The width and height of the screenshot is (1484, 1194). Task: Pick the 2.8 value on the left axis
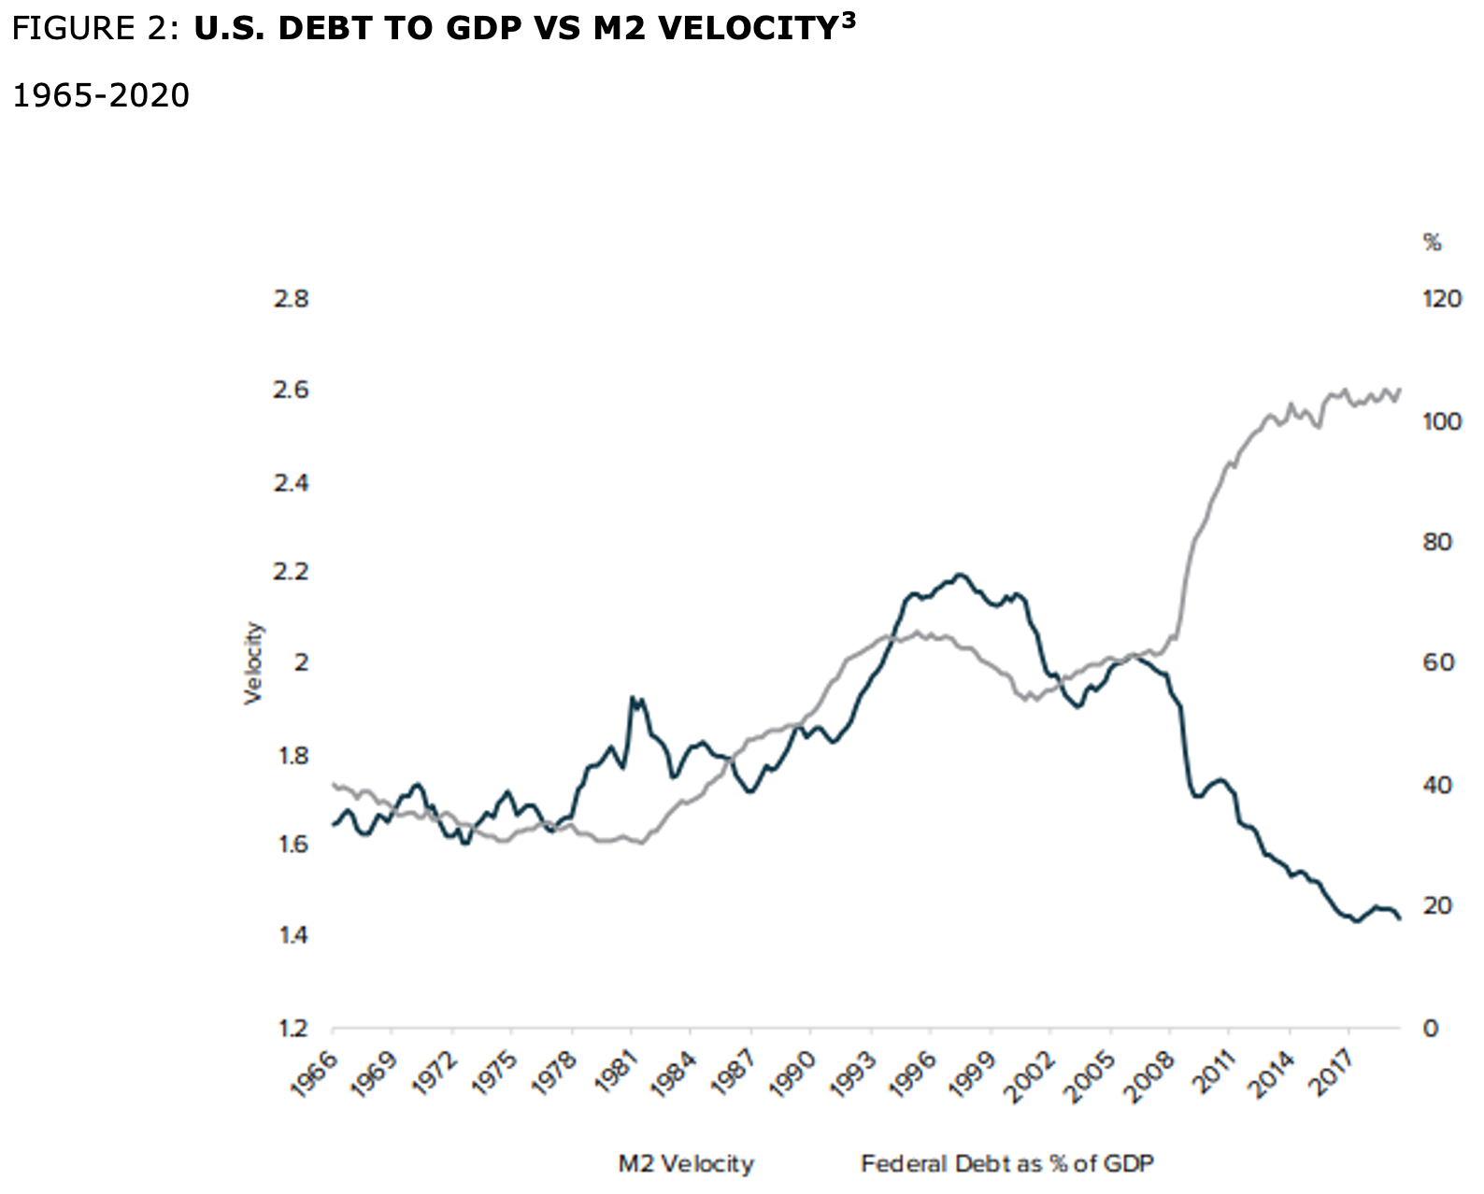pyautogui.click(x=290, y=300)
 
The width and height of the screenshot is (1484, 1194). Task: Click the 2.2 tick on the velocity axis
pyautogui.click(x=290, y=572)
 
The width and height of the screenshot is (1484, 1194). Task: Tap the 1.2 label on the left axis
pyautogui.click(x=290, y=1029)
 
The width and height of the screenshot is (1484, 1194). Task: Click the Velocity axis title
pyautogui.click(x=253, y=663)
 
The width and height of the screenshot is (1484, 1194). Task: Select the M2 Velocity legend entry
pyautogui.click(x=686, y=1164)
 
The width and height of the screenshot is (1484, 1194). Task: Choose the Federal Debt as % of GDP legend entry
pyautogui.click(x=1007, y=1164)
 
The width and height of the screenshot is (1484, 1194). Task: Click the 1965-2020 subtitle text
pyautogui.click(x=100, y=95)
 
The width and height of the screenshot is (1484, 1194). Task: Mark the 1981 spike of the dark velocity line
pyautogui.click(x=634, y=698)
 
